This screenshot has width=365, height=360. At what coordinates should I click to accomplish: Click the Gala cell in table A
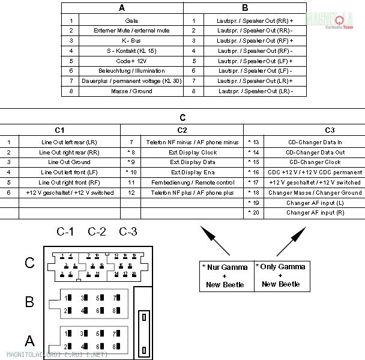click(131, 20)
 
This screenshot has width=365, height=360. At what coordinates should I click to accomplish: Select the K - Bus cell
click(131, 41)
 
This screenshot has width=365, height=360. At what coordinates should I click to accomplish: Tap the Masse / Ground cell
click(131, 91)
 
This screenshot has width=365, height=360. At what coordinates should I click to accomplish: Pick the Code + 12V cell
click(131, 61)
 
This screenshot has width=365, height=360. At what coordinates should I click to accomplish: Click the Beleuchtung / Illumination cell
click(131, 71)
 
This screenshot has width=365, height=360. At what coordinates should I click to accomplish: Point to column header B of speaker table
click(245, 8)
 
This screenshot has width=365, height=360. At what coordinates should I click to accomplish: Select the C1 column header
click(60, 130)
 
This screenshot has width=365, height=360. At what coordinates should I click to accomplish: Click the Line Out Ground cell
click(69, 162)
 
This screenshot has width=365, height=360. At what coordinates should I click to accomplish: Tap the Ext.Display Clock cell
click(192, 152)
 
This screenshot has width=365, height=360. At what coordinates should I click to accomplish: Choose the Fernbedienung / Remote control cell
click(192, 183)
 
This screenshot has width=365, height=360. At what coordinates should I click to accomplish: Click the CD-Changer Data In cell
click(315, 142)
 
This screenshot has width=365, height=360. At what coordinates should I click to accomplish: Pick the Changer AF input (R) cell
click(315, 213)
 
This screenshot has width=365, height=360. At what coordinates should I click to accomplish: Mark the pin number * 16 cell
click(253, 172)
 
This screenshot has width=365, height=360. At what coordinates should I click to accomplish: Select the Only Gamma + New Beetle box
click(281, 275)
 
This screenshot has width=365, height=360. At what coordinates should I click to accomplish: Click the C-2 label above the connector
click(97, 231)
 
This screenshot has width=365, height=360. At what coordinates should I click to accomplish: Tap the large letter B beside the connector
click(29, 302)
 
